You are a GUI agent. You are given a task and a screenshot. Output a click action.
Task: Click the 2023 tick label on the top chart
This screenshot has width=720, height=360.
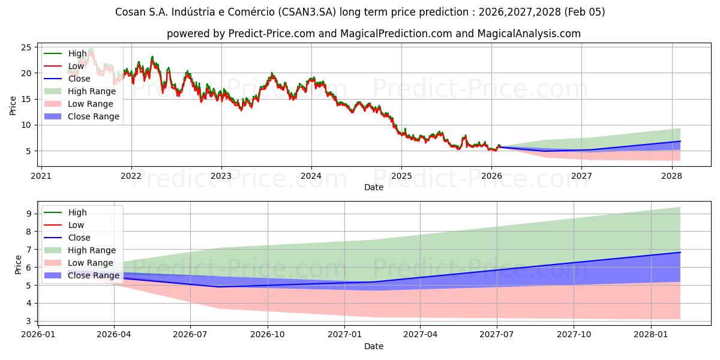click(221, 176)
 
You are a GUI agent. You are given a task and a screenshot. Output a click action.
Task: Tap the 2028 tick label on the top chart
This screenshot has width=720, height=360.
click(671, 176)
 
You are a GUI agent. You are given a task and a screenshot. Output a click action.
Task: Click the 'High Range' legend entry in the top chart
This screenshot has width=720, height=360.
click(92, 91)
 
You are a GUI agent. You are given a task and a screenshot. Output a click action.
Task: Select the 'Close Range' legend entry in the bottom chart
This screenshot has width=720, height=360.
click(94, 275)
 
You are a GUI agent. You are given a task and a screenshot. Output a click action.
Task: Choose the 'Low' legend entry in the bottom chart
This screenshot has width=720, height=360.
click(76, 225)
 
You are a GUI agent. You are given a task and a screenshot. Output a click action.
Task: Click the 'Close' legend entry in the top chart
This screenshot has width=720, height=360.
click(79, 79)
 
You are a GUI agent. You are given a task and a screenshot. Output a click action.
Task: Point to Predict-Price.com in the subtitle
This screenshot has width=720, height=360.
click(272, 34)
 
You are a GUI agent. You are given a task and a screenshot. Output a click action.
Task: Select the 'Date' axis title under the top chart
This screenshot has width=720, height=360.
click(374, 187)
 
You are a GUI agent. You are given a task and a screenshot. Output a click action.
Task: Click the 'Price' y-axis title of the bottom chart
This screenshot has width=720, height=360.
click(18, 265)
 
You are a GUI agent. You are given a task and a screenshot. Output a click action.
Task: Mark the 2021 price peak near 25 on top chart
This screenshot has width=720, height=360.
click(91, 49)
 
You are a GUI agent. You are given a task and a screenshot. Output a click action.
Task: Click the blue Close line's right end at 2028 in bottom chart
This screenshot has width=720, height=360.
click(680, 253)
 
